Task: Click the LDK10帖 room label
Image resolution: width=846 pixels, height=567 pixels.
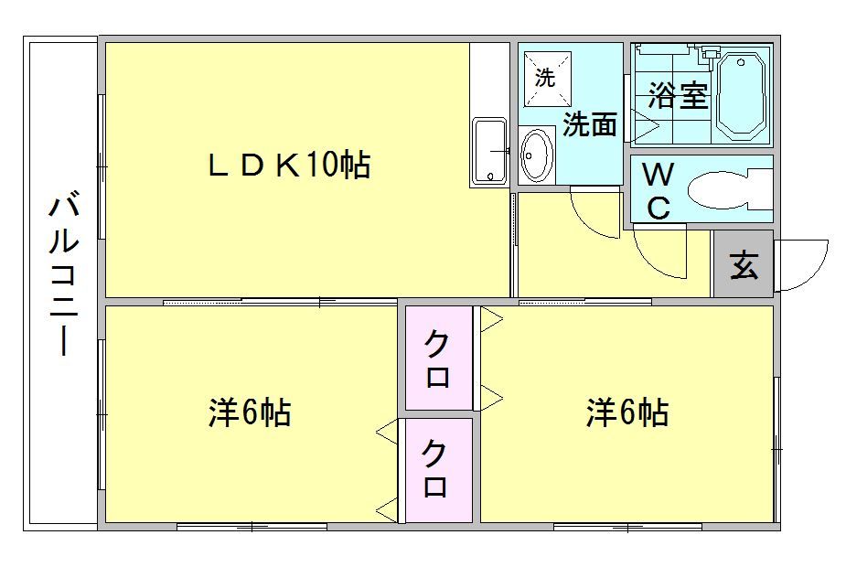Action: point(289,166)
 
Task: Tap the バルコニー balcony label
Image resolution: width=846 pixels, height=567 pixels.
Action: point(64,275)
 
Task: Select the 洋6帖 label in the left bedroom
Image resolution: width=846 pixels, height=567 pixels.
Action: point(250,412)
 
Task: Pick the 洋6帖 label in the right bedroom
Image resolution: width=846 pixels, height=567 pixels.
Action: point(627,412)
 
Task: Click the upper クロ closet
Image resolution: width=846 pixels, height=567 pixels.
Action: point(439,358)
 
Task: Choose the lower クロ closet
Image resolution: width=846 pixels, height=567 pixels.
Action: point(439,470)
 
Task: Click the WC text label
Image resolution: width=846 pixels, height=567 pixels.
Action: point(659,191)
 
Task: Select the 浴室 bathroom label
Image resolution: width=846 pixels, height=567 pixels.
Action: point(678,95)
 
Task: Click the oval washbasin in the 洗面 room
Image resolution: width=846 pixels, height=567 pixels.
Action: point(536,155)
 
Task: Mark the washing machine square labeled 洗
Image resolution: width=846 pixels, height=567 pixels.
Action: point(547,79)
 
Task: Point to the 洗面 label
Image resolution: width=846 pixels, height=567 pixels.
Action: point(590,124)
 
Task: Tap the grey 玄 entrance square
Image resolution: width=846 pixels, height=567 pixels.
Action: point(744,263)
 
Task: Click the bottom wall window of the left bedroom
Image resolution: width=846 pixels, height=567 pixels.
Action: point(252,526)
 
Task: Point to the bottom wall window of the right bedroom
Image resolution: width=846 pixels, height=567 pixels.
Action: point(627,526)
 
